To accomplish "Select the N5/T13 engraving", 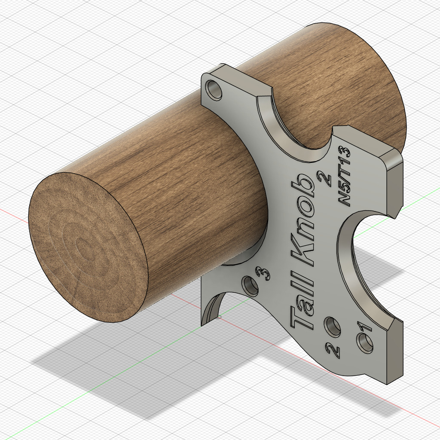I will [x=344, y=177].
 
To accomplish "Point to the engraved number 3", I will [x=263, y=272].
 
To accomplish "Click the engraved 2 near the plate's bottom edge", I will [x=333, y=351].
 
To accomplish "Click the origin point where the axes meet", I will [x=220, y=317].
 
